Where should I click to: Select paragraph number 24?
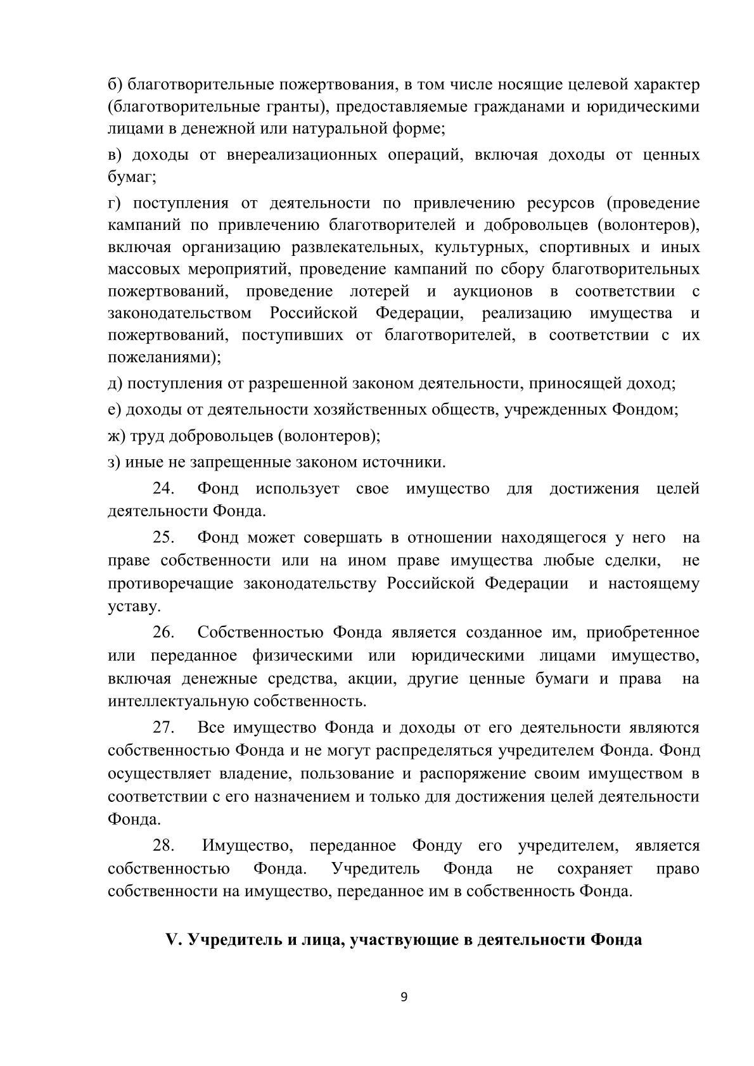(163, 488)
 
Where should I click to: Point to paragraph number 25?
(163, 538)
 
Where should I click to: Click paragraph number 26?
(163, 632)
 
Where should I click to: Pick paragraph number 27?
(163, 727)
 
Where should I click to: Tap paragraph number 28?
(163, 846)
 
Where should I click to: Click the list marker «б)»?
(115, 84)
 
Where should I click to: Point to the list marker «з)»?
(114, 462)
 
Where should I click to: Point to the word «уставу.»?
(134, 606)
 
